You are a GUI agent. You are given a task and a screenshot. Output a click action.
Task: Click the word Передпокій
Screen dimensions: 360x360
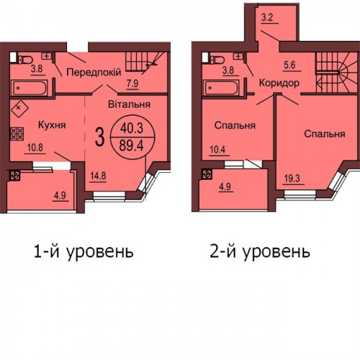pos(94,72)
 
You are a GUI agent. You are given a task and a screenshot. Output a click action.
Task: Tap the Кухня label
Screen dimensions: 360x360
pos(52,125)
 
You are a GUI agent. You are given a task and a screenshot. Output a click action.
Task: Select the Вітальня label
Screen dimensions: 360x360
pos(129,104)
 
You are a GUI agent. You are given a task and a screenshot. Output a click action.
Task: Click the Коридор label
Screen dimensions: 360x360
pos(279,84)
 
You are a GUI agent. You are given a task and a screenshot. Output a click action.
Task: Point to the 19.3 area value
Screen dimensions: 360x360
pos(292,179)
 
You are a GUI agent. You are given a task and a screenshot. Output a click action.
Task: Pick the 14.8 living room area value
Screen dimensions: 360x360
pos(98,176)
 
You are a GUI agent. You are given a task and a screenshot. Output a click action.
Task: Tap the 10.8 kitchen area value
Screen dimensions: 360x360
pos(35,148)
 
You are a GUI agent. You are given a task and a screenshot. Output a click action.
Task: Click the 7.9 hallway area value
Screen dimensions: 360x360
pos(132,84)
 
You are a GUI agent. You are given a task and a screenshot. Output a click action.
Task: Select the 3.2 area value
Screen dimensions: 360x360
pos(267,18)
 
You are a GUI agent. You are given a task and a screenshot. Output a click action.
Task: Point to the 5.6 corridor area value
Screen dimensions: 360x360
pos(289,66)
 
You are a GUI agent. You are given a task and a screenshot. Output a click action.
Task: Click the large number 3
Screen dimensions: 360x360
pos(100,138)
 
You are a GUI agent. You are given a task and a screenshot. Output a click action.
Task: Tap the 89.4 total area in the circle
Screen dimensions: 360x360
pos(132,145)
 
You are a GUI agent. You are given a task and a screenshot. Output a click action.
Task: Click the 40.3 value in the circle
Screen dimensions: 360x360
pos(132,128)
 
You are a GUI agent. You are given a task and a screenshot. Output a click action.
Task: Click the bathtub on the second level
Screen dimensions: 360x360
pos(221,87)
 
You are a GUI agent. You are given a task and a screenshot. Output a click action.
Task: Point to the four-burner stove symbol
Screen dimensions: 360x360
pos(17,134)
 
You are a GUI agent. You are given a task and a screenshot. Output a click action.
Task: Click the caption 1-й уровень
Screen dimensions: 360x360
pos(84,252)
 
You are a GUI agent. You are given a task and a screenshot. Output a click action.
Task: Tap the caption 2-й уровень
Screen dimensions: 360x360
pos(260,252)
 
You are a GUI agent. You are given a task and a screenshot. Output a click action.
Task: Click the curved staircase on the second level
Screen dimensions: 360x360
pos(337,73)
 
